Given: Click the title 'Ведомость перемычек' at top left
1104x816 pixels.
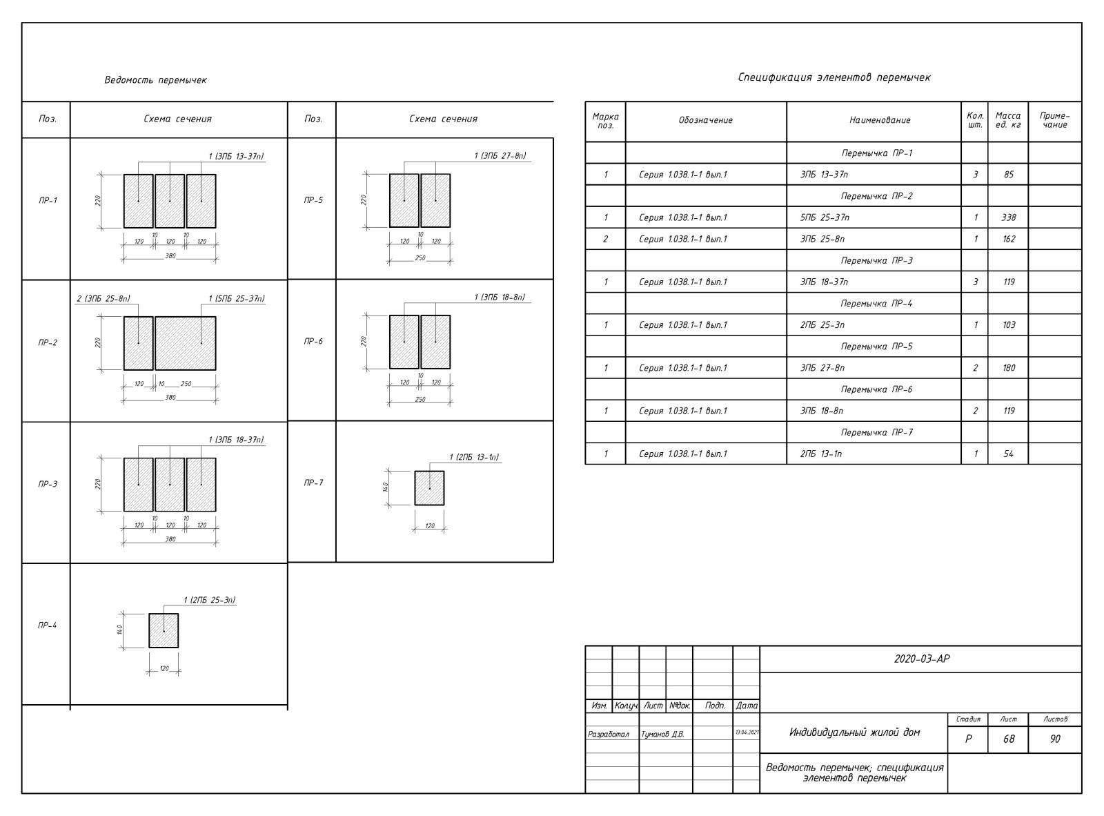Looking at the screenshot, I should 155,80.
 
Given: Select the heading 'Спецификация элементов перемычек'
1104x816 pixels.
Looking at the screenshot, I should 834,77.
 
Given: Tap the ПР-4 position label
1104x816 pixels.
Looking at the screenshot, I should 47,625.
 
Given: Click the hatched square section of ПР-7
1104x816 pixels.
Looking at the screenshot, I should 429,488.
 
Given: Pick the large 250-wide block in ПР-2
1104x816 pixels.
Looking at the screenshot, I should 185,343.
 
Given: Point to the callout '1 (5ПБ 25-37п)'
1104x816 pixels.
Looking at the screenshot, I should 236,299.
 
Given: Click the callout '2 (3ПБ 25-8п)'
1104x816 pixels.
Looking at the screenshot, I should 103,299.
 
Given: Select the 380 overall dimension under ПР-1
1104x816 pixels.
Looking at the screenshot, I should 170,256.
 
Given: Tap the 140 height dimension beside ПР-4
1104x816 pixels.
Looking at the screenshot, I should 119,630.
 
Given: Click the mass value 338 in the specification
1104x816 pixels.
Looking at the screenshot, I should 1008,217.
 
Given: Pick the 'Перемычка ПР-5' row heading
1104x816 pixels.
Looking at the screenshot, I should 876,347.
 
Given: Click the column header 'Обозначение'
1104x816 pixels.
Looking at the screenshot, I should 705,120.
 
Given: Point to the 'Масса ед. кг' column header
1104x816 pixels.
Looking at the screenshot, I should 1007,120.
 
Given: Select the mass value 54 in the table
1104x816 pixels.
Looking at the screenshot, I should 1008,454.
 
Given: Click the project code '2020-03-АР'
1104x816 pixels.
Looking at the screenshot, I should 921,659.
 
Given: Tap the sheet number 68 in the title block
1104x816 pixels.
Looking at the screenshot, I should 1008,739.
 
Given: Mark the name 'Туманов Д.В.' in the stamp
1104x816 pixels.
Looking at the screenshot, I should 662,735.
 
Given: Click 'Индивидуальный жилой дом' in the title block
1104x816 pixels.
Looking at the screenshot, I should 854,732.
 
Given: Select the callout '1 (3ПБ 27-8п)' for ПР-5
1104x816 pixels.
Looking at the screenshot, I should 500,156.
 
